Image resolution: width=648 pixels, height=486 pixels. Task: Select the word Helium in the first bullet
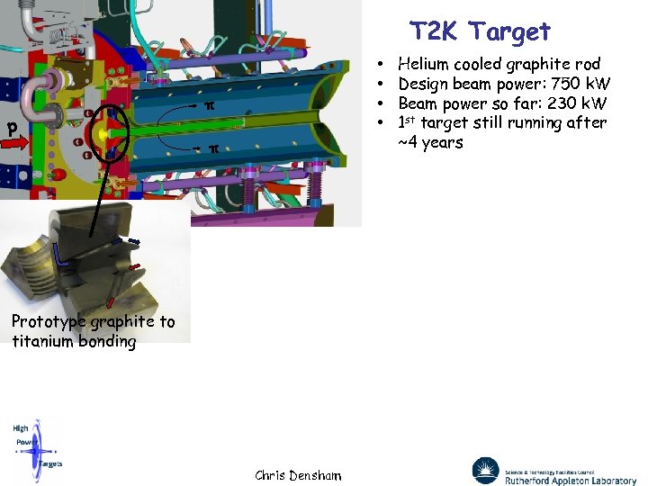point(426,64)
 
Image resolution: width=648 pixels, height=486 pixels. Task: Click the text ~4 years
point(430,142)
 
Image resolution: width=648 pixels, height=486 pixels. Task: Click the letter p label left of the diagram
point(13,128)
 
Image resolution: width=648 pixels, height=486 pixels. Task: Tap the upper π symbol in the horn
point(210,106)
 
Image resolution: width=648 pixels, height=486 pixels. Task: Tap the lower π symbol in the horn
point(213,148)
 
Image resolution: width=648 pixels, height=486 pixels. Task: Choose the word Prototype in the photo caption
point(47,322)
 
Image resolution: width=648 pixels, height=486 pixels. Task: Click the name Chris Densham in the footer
point(298,475)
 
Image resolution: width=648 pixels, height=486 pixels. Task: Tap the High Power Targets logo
point(37,446)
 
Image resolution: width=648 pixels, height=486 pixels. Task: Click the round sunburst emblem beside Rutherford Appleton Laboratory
point(485,471)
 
